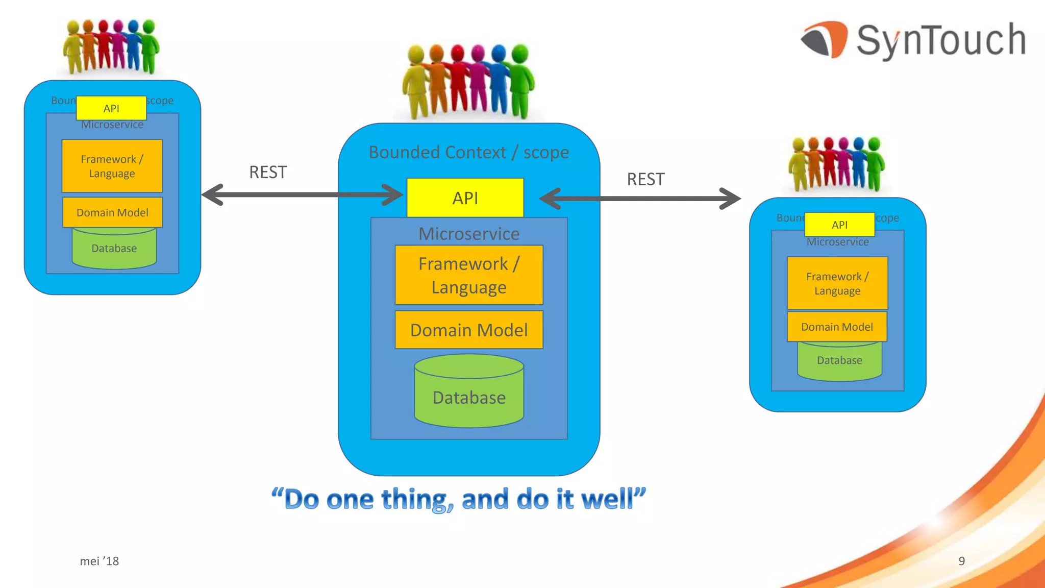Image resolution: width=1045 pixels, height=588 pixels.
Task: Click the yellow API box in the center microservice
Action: [465, 198]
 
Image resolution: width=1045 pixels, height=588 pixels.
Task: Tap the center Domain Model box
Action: [469, 330]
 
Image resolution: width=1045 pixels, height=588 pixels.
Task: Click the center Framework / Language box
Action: [469, 275]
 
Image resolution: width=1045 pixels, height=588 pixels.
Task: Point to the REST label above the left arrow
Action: [268, 173]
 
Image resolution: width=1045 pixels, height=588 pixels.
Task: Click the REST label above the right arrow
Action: [645, 179]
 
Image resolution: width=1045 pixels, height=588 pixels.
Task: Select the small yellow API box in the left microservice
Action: [111, 108]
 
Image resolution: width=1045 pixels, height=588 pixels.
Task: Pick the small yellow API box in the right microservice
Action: [839, 225]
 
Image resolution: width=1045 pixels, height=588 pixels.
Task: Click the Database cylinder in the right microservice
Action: [839, 361]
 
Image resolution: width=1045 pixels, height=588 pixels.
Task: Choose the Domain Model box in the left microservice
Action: [112, 212]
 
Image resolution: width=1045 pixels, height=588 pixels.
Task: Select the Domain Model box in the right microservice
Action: [837, 327]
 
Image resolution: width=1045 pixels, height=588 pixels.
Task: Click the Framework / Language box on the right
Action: [837, 283]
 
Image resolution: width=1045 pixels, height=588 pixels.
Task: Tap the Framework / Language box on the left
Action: [112, 166]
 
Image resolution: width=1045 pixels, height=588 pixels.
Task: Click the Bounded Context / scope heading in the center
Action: [468, 152]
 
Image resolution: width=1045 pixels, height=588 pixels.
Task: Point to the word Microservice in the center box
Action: [469, 234]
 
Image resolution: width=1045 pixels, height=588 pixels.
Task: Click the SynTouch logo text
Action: [940, 40]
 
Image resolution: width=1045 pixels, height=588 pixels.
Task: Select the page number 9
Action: [961, 561]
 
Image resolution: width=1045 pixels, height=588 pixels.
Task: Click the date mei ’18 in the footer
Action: [99, 561]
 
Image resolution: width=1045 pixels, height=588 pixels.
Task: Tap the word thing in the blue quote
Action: [417, 500]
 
